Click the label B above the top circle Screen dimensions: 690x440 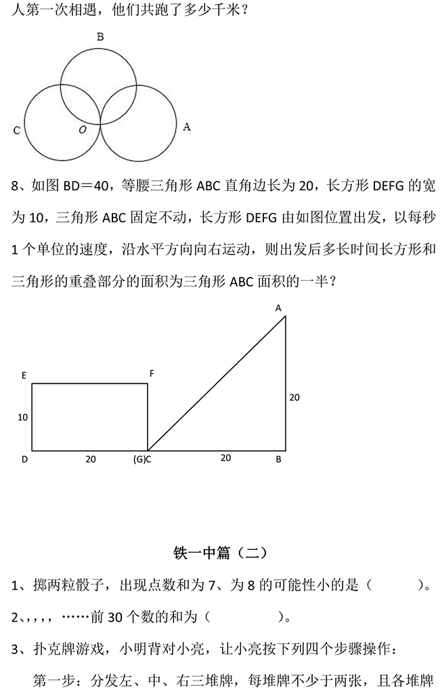pos(100,38)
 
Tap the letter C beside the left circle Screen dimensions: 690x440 pos(16,131)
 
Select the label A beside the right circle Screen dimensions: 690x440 pos(187,126)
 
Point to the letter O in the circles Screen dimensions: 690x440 pos(83,129)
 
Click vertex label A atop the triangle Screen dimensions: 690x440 pos(278,308)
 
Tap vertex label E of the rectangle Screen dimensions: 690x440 pos(24,373)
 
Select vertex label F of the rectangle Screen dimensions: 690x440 pos(152,373)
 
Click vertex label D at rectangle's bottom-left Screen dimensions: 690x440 pos(24,459)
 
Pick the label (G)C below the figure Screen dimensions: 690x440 pos(141,459)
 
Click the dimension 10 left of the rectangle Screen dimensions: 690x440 pos(22,417)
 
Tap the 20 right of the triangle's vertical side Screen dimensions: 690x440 pos(294,397)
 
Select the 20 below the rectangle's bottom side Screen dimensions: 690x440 pos(90,459)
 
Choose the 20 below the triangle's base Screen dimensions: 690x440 pos(225,458)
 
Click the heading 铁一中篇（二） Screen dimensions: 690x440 pos(221,553)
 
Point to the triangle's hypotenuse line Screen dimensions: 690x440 pos(217,383)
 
